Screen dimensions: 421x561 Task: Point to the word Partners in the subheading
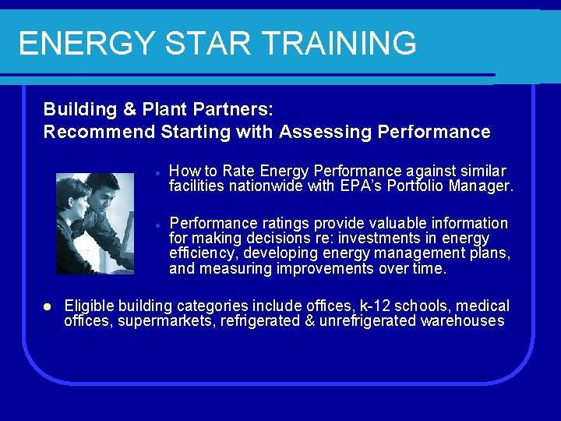click(x=232, y=108)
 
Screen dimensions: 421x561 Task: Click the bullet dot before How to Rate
click(x=157, y=172)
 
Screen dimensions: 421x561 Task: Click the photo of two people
click(x=95, y=223)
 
